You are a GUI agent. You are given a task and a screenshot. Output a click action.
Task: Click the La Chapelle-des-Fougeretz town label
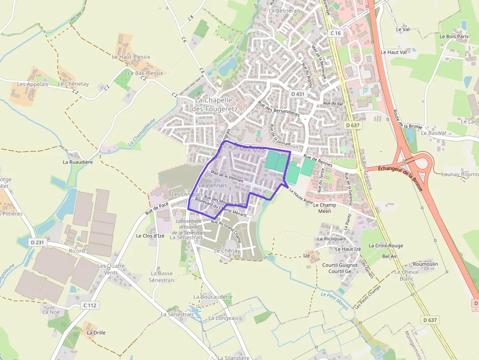pyautogui.click(x=216, y=104)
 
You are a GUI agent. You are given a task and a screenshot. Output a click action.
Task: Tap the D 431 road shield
pyautogui.click(x=297, y=94)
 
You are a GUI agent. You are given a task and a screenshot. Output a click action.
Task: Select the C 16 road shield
pyautogui.click(x=335, y=33)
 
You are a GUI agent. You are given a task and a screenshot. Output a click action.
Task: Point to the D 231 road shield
pyautogui.click(x=37, y=242)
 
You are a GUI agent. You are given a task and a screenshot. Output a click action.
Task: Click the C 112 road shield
pyautogui.click(x=90, y=305)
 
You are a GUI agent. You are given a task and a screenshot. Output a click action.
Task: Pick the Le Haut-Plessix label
pyautogui.click(x=131, y=57)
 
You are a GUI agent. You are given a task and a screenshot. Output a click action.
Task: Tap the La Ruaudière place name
pyautogui.click(x=78, y=162)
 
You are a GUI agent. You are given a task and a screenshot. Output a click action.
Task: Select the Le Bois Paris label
pyautogui.click(x=454, y=36)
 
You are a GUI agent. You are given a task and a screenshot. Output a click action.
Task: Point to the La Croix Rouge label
pyautogui.click(x=386, y=246)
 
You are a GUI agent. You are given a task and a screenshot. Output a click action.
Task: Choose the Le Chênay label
pyautogui.click(x=227, y=251)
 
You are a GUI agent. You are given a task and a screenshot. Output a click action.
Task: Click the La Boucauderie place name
pyautogui.click(x=213, y=296)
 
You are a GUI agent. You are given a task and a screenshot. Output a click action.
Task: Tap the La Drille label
pyautogui.click(x=96, y=333)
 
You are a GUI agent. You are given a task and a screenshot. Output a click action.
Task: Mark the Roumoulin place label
pyautogui.click(x=425, y=264)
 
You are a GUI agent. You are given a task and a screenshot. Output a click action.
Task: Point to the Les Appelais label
pyautogui.click(x=33, y=84)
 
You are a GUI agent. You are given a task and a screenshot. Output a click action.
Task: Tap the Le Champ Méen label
pyautogui.click(x=325, y=208)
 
